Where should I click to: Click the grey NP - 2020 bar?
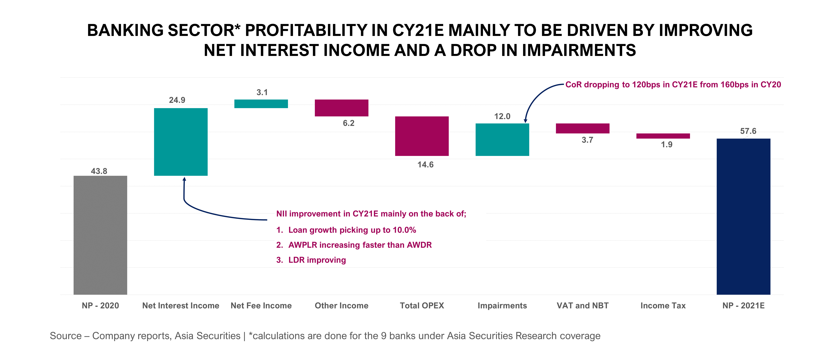(100, 235)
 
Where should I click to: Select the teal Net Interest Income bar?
(181, 142)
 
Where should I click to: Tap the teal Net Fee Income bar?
(261, 104)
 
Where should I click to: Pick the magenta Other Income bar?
(341, 108)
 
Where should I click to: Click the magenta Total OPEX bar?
(422, 136)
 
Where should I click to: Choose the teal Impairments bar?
(502, 140)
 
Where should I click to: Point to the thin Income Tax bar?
(663, 136)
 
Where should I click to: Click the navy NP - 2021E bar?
(743, 217)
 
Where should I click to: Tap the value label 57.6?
(748, 131)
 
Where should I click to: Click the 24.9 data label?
(177, 100)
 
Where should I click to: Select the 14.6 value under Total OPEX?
(425, 165)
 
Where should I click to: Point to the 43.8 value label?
(99, 171)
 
